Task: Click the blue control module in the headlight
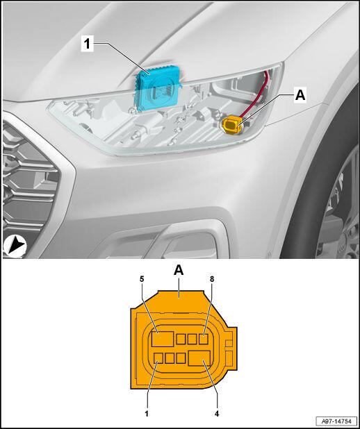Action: coord(156,90)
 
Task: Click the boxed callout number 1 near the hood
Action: coord(88,44)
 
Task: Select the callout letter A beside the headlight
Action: coord(300,96)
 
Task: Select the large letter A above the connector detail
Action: coord(179,271)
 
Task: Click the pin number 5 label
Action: coord(142,279)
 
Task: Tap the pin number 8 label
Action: coord(212,279)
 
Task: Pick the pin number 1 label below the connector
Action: coord(147,414)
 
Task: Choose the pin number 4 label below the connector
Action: coord(217,414)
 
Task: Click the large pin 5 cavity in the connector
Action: coord(163,339)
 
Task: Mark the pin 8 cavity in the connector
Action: coord(204,339)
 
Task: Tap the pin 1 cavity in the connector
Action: coord(158,358)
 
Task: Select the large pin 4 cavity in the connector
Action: coord(199,358)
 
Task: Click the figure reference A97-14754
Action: coord(336,421)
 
